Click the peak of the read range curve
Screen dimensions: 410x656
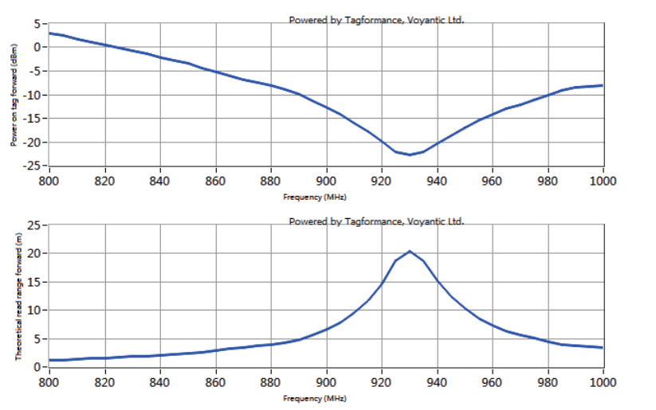410,252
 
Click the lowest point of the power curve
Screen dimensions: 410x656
410,154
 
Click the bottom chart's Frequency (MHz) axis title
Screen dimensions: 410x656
315,396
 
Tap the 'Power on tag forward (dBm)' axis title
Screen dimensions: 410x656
14,95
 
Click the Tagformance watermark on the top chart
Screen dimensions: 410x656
376,20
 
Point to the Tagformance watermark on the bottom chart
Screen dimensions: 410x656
376,221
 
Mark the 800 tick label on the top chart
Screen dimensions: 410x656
49,180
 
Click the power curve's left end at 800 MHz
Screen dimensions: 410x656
50,33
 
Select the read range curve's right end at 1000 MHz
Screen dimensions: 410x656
603,347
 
